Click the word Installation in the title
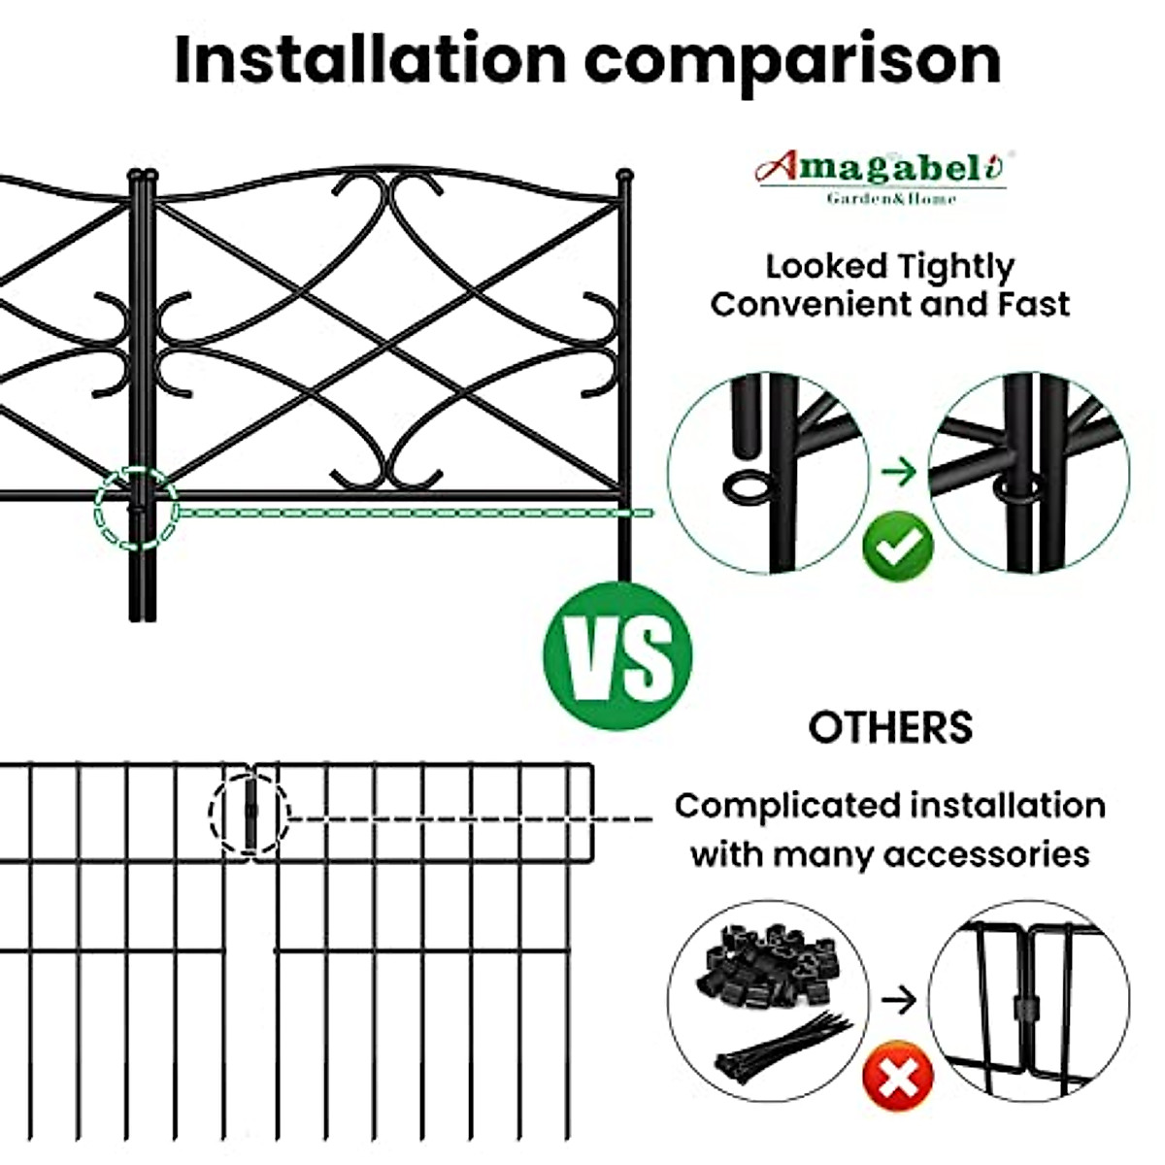(x=370, y=59)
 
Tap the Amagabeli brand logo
(x=882, y=169)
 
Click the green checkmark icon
(x=898, y=548)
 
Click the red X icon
(x=898, y=1077)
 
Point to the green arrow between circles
(x=900, y=473)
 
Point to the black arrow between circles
(x=900, y=1000)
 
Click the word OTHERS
(x=890, y=727)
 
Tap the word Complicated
(x=787, y=806)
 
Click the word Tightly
(x=955, y=266)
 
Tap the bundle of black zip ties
(x=782, y=1045)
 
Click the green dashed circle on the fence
(x=136, y=508)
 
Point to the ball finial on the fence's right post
(x=624, y=177)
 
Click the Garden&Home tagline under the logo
(x=891, y=199)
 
